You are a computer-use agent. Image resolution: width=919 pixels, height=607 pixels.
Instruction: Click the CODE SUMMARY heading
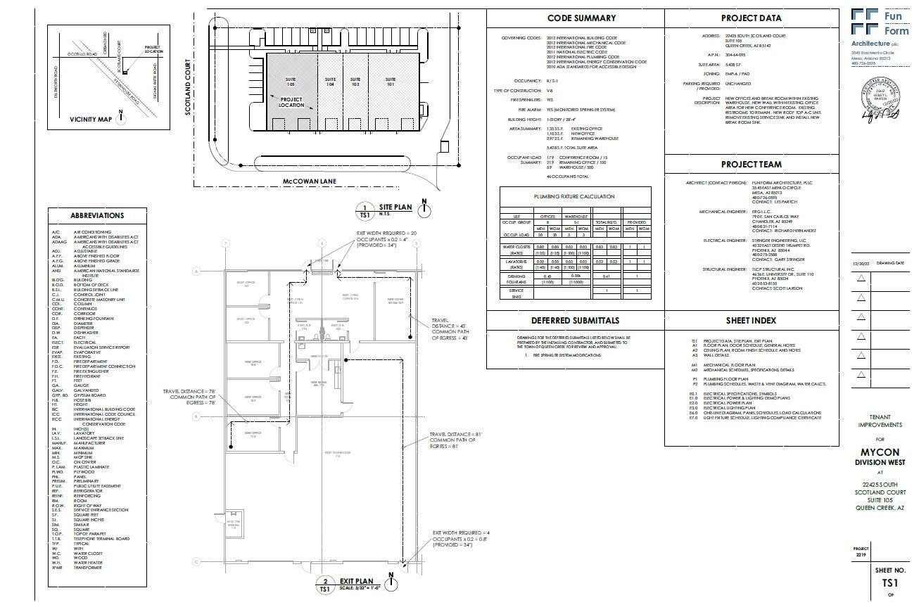(581, 18)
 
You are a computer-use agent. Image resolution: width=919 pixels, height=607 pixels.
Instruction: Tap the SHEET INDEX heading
(751, 321)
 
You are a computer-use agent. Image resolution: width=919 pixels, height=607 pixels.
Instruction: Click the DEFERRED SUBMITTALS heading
(576, 321)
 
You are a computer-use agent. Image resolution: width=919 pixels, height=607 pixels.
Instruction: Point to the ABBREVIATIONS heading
(97, 216)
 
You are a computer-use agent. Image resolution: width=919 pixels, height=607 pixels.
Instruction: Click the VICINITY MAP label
(89, 120)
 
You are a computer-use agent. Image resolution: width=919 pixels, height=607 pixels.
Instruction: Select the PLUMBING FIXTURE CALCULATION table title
(574, 197)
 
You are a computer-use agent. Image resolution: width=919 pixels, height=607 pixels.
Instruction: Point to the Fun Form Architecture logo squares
(864, 22)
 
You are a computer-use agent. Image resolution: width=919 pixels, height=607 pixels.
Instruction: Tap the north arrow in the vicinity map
(122, 118)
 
